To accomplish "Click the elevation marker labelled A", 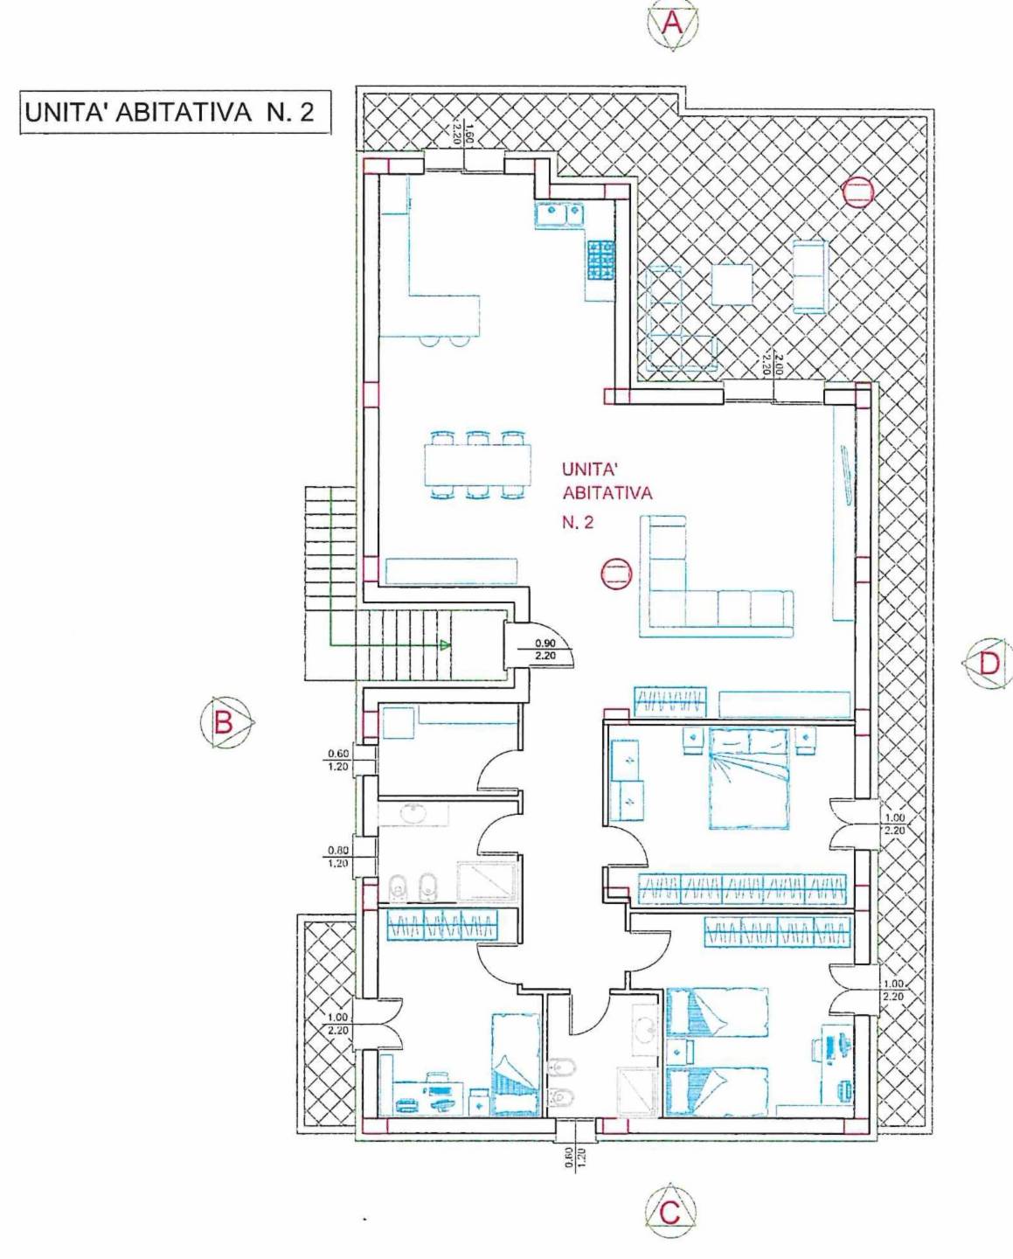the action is coord(673,24).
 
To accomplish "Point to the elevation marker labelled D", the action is coord(988,663).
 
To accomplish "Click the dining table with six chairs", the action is coord(478,464).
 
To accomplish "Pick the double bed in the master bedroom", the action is coord(749,777).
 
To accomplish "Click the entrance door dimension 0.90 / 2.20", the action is coord(545,650).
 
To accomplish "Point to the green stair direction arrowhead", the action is coord(446,645).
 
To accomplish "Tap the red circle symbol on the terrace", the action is coord(857,191).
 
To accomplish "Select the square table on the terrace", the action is coord(732,284).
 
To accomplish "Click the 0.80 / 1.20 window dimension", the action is coord(337,858).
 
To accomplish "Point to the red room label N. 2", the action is coord(578,523).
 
